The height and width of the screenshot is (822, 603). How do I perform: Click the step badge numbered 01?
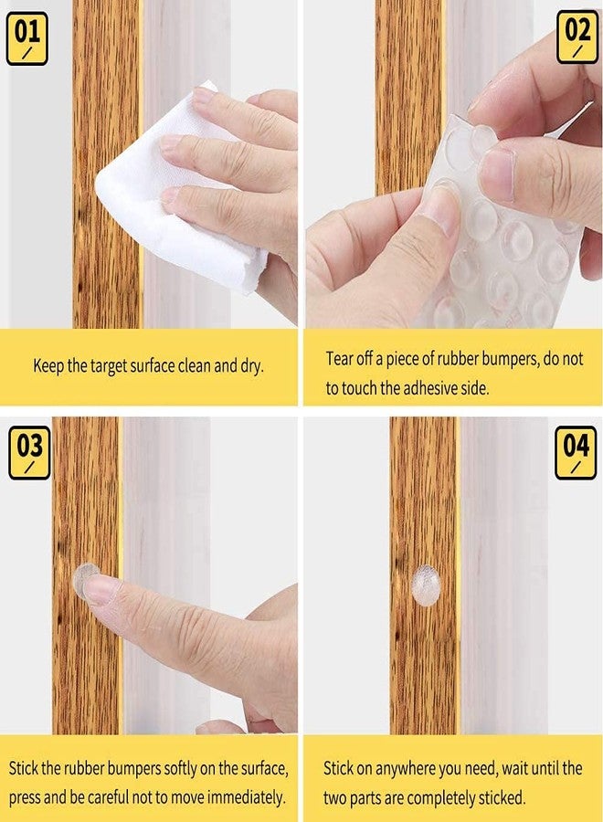(x=26, y=37)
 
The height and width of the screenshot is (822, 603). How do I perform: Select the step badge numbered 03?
(x=28, y=452)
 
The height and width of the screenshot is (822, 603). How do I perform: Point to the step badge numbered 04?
(x=576, y=452)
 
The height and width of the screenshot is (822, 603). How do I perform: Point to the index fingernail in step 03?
(x=100, y=589)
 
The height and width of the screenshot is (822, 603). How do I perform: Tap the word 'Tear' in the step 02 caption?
(x=341, y=358)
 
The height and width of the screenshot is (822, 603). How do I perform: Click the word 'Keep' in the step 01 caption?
(x=48, y=366)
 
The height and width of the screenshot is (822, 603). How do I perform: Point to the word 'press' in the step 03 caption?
(x=25, y=797)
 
